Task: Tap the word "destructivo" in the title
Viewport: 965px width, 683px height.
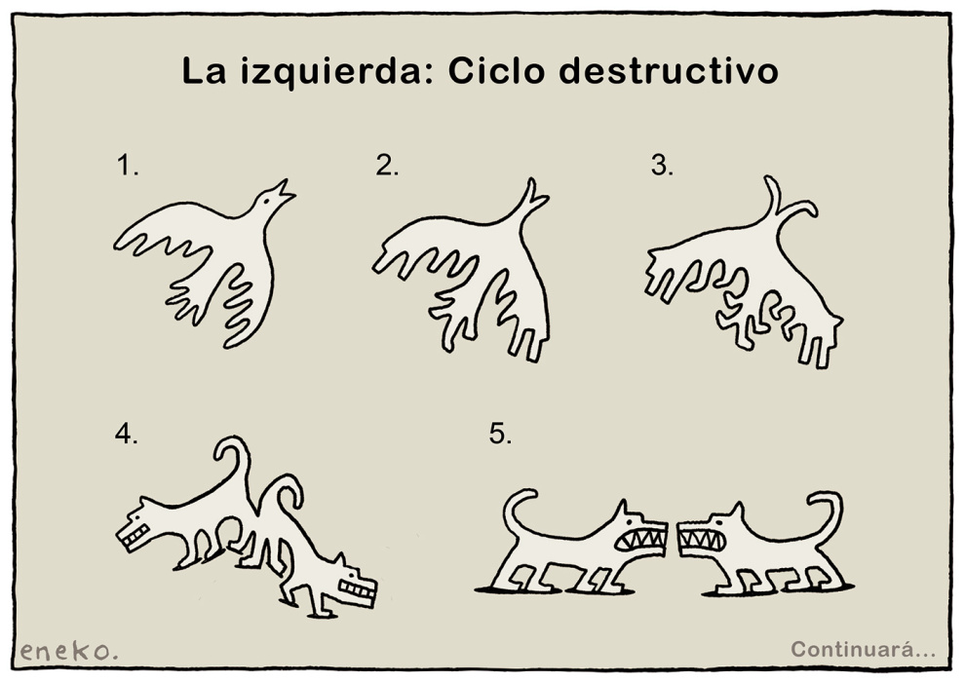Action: coord(669,71)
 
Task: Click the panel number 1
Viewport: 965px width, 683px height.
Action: coord(128,167)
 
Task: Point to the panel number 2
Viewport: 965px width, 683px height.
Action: coord(387,166)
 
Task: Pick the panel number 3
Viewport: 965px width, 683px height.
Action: coord(662,166)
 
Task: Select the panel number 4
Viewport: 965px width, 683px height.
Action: coord(126,434)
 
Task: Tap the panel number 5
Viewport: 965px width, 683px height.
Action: coord(500,434)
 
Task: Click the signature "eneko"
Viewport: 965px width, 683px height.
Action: coord(66,651)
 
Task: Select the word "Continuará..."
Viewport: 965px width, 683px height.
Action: coord(863,649)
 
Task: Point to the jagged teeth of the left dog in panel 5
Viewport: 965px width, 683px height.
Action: coord(641,540)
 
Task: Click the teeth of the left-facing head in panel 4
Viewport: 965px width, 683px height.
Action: coord(136,537)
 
